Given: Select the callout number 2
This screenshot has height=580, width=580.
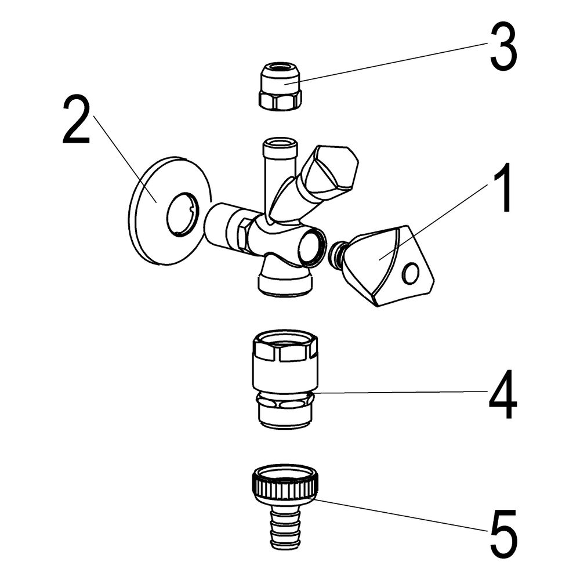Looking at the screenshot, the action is [76, 119].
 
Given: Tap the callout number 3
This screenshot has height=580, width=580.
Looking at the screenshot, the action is [503, 46].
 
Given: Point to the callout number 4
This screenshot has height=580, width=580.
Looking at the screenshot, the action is [503, 394].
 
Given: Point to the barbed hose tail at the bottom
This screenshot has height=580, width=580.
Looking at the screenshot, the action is [285, 525].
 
